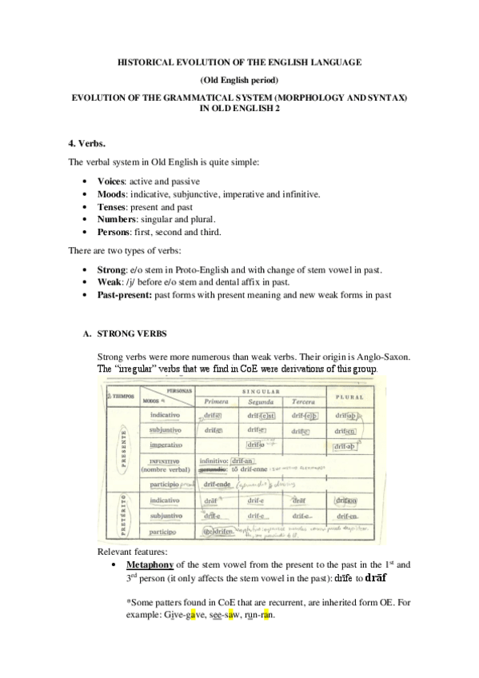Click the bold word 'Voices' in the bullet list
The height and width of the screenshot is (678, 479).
click(111, 181)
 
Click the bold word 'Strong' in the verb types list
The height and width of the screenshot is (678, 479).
click(111, 270)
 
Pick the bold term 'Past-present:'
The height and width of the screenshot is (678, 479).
click(124, 296)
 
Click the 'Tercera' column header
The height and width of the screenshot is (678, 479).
click(304, 401)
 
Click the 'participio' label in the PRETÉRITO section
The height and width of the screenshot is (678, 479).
click(168, 531)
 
